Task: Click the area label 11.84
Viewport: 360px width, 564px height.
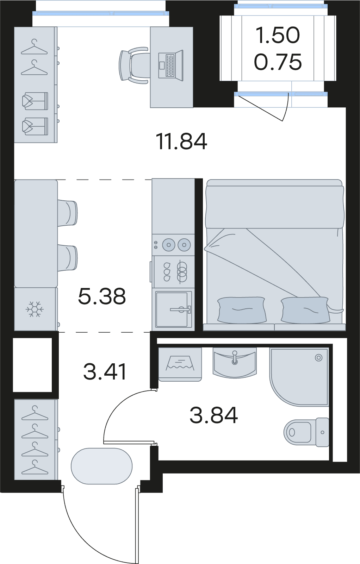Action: (x=181, y=142)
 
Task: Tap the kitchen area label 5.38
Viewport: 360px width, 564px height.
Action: (x=102, y=296)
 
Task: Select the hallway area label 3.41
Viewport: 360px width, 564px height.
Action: (x=105, y=372)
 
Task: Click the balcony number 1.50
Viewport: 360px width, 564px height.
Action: (x=278, y=35)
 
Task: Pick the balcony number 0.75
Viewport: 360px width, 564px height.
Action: (x=278, y=62)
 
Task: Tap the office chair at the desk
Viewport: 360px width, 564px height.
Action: (x=134, y=65)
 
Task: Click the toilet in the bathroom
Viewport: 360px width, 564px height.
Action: (x=306, y=432)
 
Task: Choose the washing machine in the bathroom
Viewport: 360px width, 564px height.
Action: (x=180, y=364)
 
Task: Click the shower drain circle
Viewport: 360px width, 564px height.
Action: (x=319, y=358)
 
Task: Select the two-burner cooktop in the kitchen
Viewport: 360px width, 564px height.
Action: (x=173, y=245)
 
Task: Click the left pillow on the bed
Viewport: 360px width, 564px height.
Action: (x=242, y=310)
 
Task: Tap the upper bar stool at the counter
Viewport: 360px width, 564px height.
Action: (x=68, y=212)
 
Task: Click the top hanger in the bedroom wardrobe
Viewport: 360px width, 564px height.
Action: (x=34, y=47)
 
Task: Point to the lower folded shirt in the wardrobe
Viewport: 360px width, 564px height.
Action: (x=35, y=126)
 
